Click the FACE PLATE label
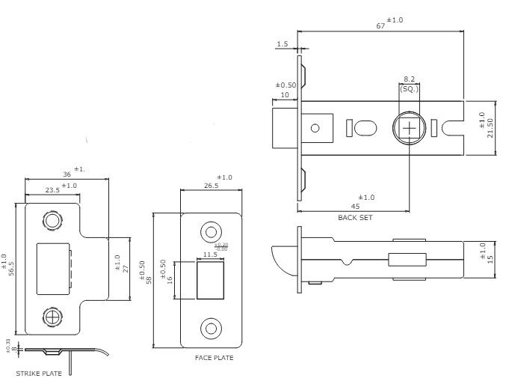(214, 358)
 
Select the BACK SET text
(355, 217)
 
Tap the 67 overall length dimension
(380, 25)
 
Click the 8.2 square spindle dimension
(410, 79)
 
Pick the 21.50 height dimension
(490, 127)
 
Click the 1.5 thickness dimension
(282, 44)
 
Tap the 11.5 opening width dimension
(210, 255)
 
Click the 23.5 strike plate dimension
(52, 190)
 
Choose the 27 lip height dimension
(126, 267)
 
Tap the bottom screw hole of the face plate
(211, 328)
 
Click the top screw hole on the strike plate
(52, 222)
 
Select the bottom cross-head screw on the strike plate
(52, 317)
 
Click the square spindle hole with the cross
(410, 127)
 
